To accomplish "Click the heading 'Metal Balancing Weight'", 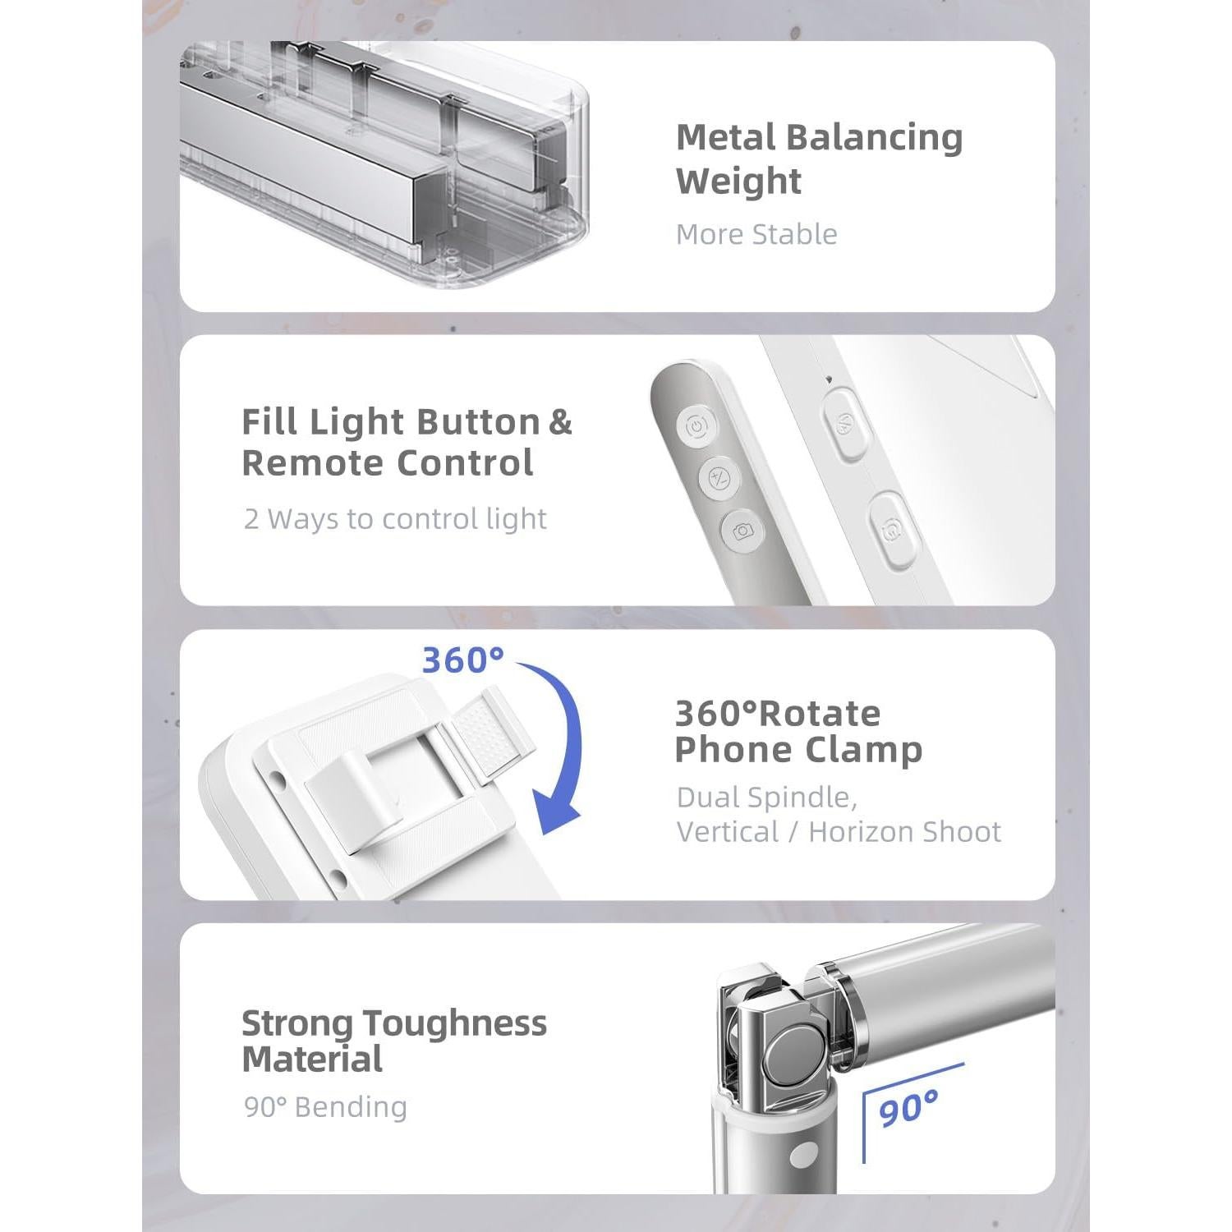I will pos(819,159).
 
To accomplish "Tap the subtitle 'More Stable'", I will pos(756,235).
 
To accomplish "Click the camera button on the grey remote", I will pos(742,531).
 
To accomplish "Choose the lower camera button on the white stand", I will pos(892,531).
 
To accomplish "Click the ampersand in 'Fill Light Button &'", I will pos(559,422).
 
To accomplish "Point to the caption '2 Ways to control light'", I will pos(395,519).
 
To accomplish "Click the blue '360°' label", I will pos(462,660).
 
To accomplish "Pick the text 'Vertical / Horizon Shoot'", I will pos(839,832).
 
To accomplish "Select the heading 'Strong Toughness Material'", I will pos(394,1041).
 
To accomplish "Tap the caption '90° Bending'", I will pos(325,1107).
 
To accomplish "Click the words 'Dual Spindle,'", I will pos(767,798).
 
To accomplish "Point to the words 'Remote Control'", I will pos(388,463).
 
